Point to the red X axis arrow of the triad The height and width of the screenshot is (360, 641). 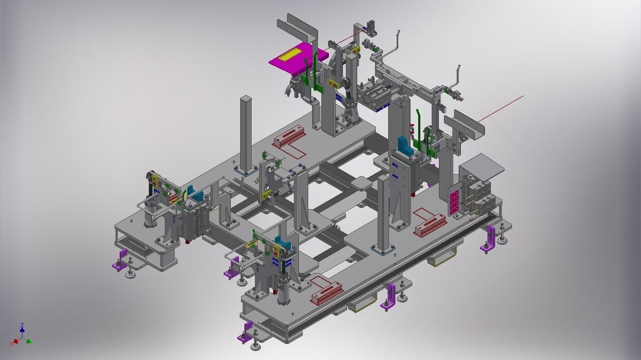point(15,340)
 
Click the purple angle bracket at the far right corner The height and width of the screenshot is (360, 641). point(490,239)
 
